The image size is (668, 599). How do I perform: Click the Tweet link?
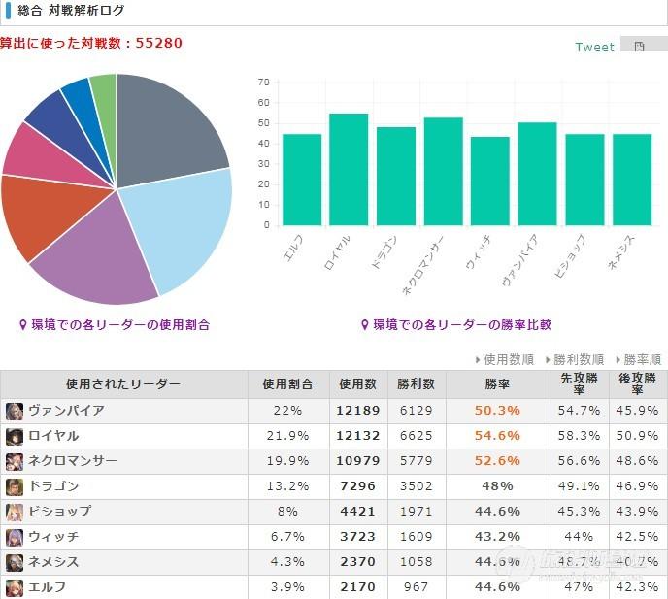pos(594,47)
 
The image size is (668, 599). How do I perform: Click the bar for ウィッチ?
pos(490,182)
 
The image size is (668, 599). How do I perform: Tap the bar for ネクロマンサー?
pos(443,172)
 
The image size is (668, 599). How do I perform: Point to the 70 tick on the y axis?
pos(263,83)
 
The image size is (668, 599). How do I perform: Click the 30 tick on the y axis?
pos(263,164)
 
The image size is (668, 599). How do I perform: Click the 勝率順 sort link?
pos(638,359)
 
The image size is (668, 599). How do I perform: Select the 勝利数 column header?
pos(415,384)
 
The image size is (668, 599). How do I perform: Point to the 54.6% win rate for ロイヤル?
pos(497,436)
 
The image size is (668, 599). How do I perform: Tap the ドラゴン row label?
pos(53,486)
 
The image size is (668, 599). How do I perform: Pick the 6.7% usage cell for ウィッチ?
pos(287,537)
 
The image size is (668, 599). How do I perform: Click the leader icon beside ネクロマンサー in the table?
pos(14,461)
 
